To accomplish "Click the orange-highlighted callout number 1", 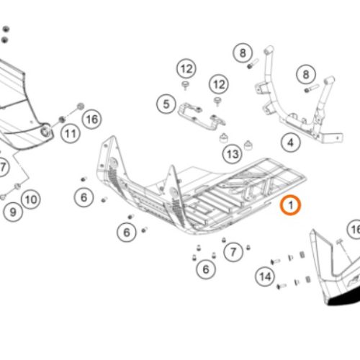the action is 290,205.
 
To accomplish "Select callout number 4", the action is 290,143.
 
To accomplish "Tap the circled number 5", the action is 166,104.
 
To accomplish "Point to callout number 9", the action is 13,212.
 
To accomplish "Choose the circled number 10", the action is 31,199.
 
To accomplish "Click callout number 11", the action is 70,134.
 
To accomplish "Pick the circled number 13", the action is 233,154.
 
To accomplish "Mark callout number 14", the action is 265,276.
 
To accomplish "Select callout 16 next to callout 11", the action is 92,120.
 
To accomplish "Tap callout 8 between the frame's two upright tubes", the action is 306,74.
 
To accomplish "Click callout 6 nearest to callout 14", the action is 206,269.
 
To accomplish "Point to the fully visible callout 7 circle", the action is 233,252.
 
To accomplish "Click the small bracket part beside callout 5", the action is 201,117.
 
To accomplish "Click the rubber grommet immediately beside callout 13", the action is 224,138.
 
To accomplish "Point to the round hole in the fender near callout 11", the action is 45,131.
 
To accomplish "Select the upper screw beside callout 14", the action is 276,261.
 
